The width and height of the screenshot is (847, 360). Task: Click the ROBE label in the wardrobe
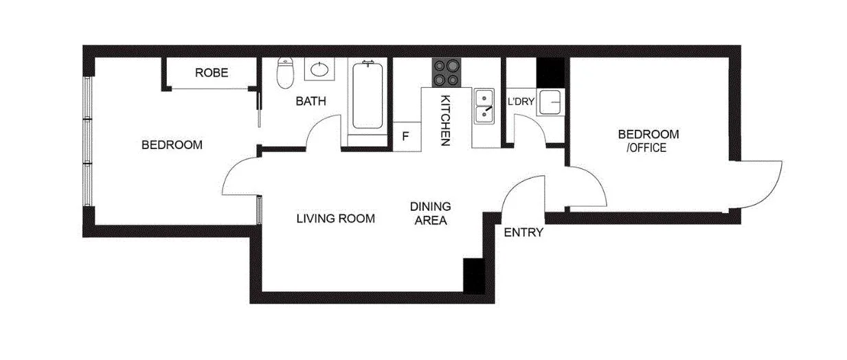(x=211, y=72)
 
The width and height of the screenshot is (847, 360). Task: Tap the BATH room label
(x=310, y=102)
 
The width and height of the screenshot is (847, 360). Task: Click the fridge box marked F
(x=405, y=135)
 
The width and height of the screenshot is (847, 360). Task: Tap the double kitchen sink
(x=484, y=106)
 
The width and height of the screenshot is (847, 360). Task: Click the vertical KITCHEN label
(x=444, y=120)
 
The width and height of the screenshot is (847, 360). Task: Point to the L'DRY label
(x=521, y=102)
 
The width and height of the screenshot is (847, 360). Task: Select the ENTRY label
(x=523, y=232)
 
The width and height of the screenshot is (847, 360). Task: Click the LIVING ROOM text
(x=335, y=218)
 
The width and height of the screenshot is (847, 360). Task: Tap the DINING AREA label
(x=430, y=213)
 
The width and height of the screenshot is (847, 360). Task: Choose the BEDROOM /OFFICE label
(x=648, y=140)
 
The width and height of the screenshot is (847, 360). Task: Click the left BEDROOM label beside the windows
(x=172, y=145)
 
